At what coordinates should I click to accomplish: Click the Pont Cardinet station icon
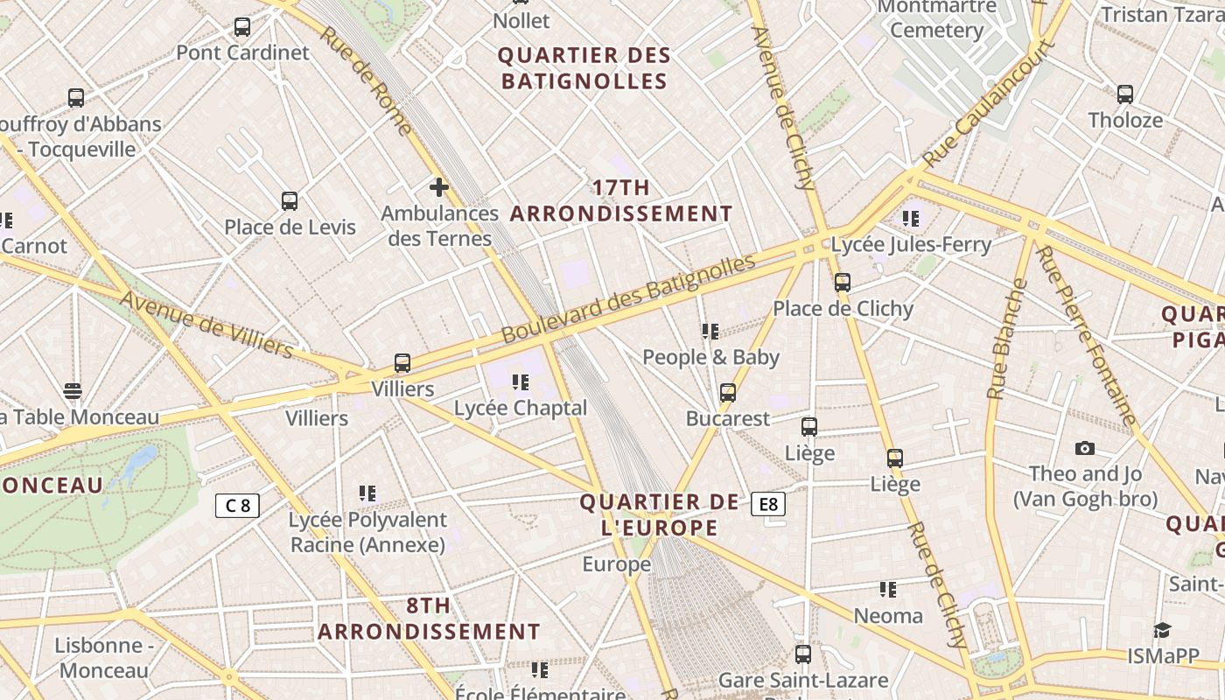[x=242, y=27]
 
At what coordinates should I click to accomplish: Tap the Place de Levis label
[x=290, y=227]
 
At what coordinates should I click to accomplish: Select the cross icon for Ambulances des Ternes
[x=439, y=186]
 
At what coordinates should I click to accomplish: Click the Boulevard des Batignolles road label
[x=627, y=299]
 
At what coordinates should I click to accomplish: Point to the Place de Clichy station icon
[x=843, y=283]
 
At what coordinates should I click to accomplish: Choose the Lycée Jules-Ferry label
[x=911, y=244]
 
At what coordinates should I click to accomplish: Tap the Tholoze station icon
[x=1125, y=94]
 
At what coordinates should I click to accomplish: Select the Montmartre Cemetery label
[x=936, y=18]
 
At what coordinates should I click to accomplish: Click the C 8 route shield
[x=237, y=505]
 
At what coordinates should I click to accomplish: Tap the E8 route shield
[x=767, y=504]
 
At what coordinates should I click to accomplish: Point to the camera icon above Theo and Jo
[x=1085, y=449]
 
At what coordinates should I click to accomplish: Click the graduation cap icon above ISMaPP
[x=1162, y=631]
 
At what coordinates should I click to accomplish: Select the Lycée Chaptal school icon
[x=521, y=381]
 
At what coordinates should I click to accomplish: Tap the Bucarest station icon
[x=728, y=393]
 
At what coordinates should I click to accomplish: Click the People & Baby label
[x=710, y=357]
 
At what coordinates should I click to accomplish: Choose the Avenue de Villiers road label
[x=206, y=325]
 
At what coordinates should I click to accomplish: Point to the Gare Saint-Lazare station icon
[x=802, y=654]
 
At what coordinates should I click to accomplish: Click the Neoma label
[x=888, y=616]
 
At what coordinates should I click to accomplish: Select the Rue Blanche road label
[x=1008, y=339]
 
